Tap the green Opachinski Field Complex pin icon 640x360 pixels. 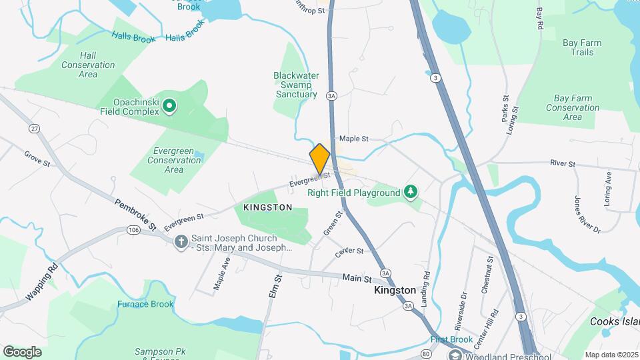(169, 105)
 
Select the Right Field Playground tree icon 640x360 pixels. (411, 193)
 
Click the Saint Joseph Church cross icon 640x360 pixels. (181, 242)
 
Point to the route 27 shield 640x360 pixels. (33, 128)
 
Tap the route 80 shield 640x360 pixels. (427, 354)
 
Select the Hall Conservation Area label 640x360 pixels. (88, 65)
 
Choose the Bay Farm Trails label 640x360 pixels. (581, 47)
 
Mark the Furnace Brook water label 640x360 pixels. (145, 304)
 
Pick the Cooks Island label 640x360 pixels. (614, 321)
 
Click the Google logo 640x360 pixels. (22, 352)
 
